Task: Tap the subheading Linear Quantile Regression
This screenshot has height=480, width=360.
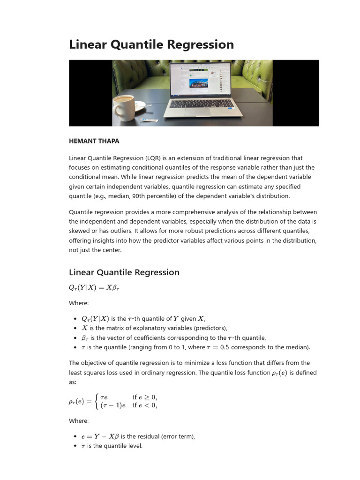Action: tap(124, 272)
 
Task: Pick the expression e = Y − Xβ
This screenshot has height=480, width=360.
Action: tap(100, 436)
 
